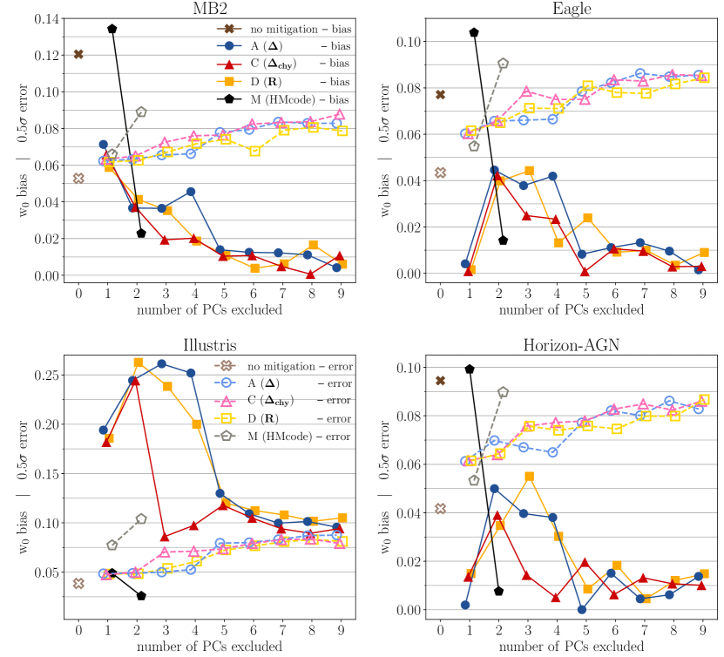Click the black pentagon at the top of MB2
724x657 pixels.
point(112,29)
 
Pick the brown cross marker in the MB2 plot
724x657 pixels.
point(78,54)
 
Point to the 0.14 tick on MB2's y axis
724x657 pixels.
point(52,18)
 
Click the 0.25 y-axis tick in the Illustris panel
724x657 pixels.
point(52,375)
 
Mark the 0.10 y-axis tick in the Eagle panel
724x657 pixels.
point(414,42)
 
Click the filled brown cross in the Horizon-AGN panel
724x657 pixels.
point(440,381)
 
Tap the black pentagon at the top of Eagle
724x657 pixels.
point(473,32)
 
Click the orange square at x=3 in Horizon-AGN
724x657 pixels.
point(529,476)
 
